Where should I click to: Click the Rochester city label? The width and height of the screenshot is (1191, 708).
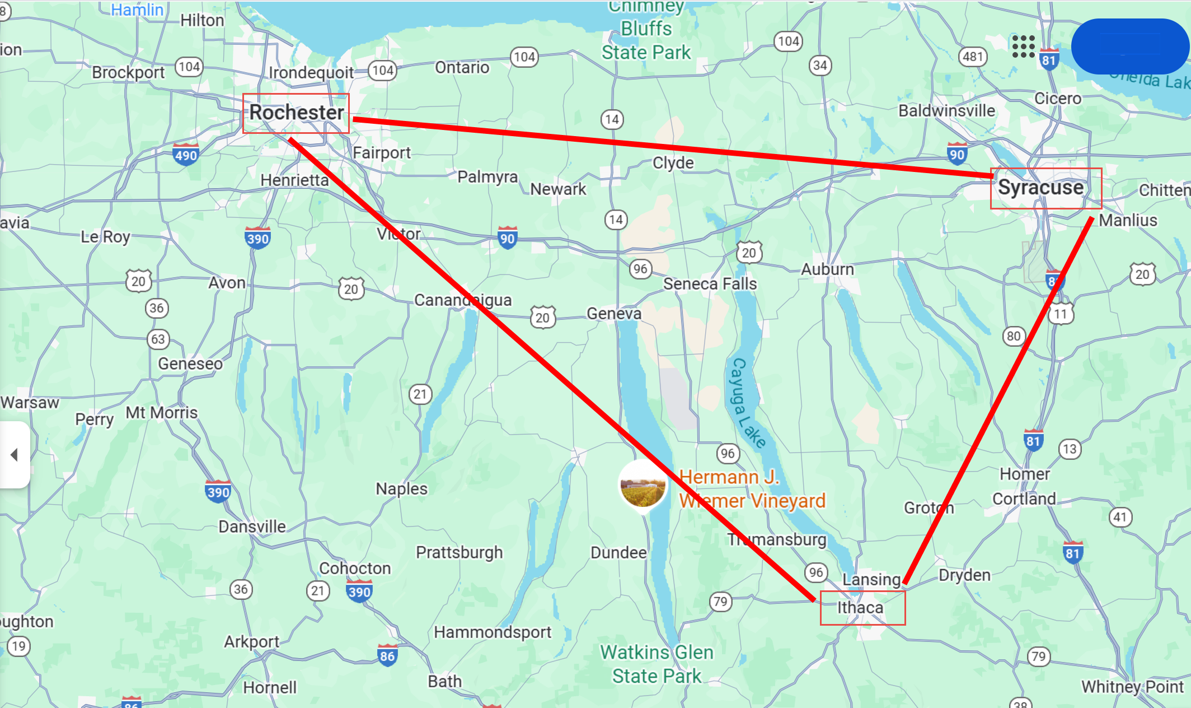pyautogui.click(x=296, y=113)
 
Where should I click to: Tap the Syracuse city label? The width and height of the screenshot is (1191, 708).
pyautogui.click(x=1041, y=188)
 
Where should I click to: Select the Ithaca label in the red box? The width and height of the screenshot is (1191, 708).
pyautogui.click(x=860, y=608)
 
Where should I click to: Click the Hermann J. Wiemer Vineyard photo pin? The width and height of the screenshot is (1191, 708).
pyautogui.click(x=643, y=487)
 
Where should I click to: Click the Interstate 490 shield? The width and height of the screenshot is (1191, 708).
pyautogui.click(x=186, y=154)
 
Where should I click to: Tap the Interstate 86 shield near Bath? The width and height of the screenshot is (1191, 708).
pyautogui.click(x=387, y=655)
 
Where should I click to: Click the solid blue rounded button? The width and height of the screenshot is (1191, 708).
pyautogui.click(x=1129, y=46)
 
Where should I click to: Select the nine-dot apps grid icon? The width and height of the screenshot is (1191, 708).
pyautogui.click(x=1023, y=46)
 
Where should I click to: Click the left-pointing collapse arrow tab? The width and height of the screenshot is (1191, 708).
pyautogui.click(x=15, y=454)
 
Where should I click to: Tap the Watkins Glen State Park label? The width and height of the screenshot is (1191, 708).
pyautogui.click(x=657, y=664)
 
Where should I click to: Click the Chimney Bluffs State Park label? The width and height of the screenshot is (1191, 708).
pyautogui.click(x=646, y=31)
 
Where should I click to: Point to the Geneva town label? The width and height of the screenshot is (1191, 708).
pyautogui.click(x=614, y=314)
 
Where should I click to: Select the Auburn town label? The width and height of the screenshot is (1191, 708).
pyautogui.click(x=827, y=269)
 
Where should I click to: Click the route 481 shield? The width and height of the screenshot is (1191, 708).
pyautogui.click(x=973, y=57)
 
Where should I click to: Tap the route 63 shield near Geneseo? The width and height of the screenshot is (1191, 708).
pyautogui.click(x=158, y=339)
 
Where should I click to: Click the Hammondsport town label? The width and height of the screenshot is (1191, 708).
pyautogui.click(x=493, y=632)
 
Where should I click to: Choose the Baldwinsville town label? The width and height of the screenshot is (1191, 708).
pyautogui.click(x=946, y=111)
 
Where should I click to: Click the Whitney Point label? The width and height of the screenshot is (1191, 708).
pyautogui.click(x=1132, y=687)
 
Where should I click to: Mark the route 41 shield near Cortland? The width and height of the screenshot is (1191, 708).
pyautogui.click(x=1120, y=516)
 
